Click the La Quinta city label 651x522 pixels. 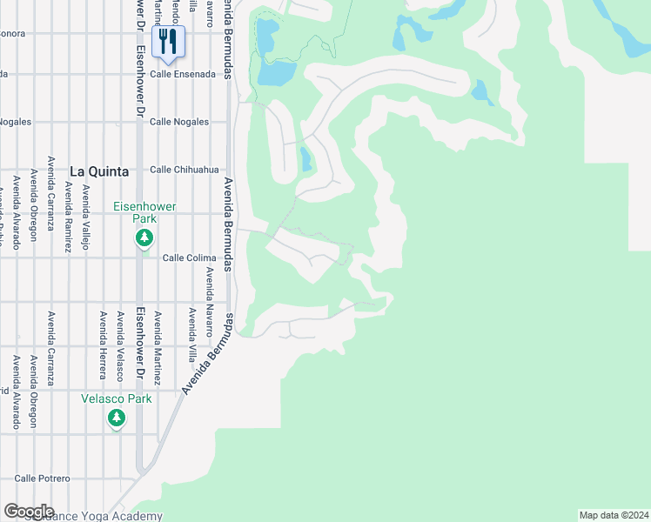(x=99, y=171)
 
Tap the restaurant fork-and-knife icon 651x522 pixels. (x=168, y=40)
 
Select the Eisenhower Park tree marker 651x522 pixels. (x=144, y=238)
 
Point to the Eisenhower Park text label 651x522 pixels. (x=144, y=213)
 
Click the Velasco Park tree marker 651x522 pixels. (x=117, y=418)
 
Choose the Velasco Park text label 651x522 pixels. (x=117, y=398)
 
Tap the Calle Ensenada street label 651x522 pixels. (x=183, y=75)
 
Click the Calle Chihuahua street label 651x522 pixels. (x=184, y=170)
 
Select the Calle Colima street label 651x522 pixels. (x=189, y=258)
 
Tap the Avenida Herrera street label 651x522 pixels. (x=103, y=345)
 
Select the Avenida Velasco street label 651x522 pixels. (x=120, y=345)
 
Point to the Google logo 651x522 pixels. (x=29, y=512)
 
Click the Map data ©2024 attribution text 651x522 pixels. (x=614, y=514)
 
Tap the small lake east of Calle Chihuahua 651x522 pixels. (x=305, y=159)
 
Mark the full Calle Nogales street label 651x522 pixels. (x=179, y=122)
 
